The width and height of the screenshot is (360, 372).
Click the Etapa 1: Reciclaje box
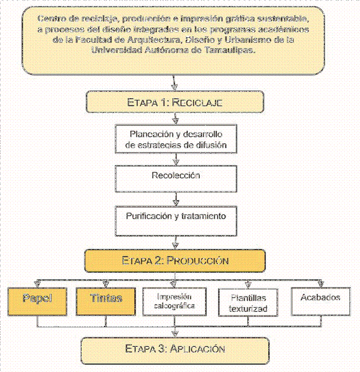[x=175, y=102]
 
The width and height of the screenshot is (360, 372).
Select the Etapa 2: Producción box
[x=175, y=260]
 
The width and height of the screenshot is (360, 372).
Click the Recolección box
[x=175, y=179]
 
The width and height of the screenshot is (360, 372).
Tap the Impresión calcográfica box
[x=175, y=301]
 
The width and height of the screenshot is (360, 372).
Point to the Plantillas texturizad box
[x=249, y=302]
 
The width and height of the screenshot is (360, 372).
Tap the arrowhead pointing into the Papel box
[x=37, y=284]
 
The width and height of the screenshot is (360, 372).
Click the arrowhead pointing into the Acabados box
[x=320, y=284]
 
